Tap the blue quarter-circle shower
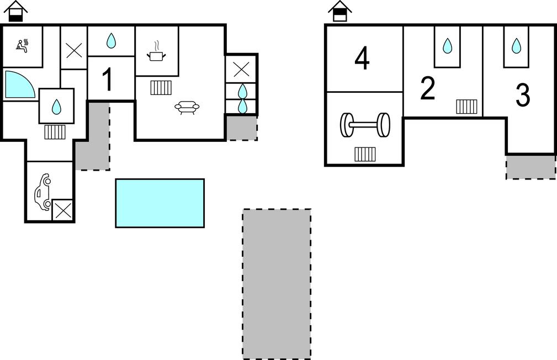pyautogui.click(x=19, y=84)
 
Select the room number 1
pyautogui.click(x=108, y=80)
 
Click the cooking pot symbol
pyautogui.click(x=156, y=52)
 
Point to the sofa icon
pyautogui.click(x=187, y=107)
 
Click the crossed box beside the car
pyautogui.click(x=63, y=210)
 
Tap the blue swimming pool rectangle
pyautogui.click(x=160, y=203)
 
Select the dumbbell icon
pyautogui.click(x=365, y=125)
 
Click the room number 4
pyautogui.click(x=362, y=59)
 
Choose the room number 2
pyautogui.click(x=428, y=88)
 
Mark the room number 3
pyautogui.click(x=522, y=96)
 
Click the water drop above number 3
pyautogui.click(x=516, y=46)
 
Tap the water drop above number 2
pyautogui.click(x=447, y=46)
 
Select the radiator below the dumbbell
pyautogui.click(x=365, y=154)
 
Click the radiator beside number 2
pyautogui.click(x=466, y=107)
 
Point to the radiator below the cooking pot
pyautogui.click(x=161, y=87)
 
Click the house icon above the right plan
pyautogui.click(x=340, y=11)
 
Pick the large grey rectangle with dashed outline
pyautogui.click(x=277, y=284)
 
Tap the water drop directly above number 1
pyautogui.click(x=111, y=40)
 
